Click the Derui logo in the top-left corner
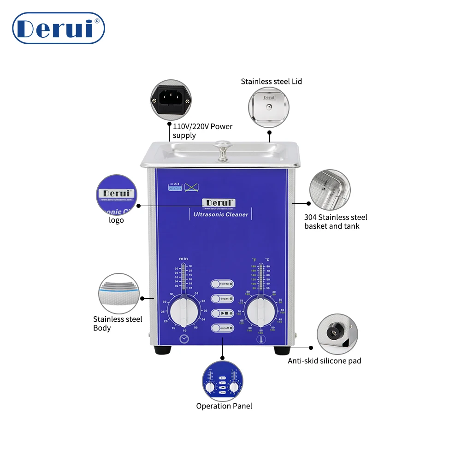coord(59,28)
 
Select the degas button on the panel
coord(222,299)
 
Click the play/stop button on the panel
coord(222,313)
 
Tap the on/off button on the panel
coord(222,328)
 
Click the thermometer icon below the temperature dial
coord(261,340)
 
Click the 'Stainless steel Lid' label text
coord(271,82)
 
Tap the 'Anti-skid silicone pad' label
coord(325,361)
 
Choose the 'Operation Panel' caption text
coord(224,406)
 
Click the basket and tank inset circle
coord(330,190)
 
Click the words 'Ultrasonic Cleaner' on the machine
coord(220,214)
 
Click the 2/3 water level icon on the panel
coord(175,187)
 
